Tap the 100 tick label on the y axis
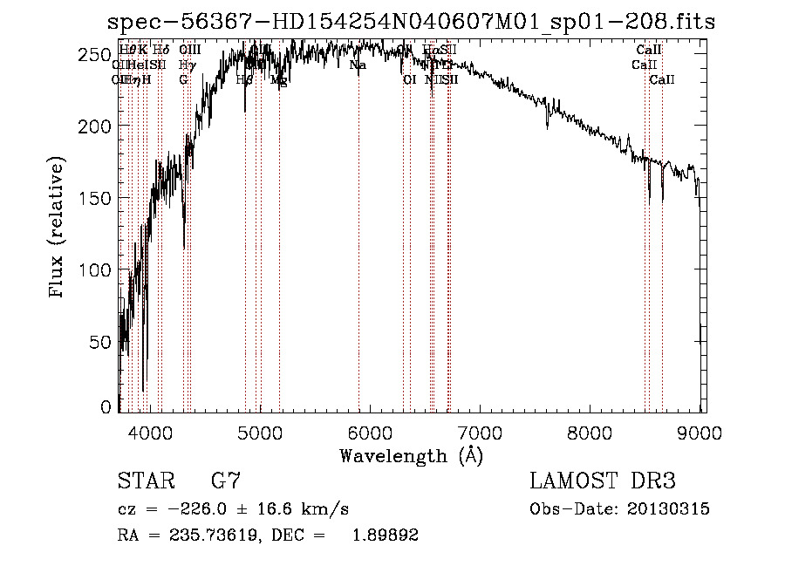tap(99, 270)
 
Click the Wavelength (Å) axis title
tap(411, 454)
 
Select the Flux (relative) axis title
tap(58, 229)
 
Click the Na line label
tap(358, 65)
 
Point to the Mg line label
tap(278, 80)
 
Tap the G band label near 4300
tap(183, 80)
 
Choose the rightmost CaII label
tap(662, 80)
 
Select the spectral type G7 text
tap(226, 481)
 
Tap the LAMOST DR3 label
tap(603, 481)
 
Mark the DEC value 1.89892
tap(385, 535)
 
